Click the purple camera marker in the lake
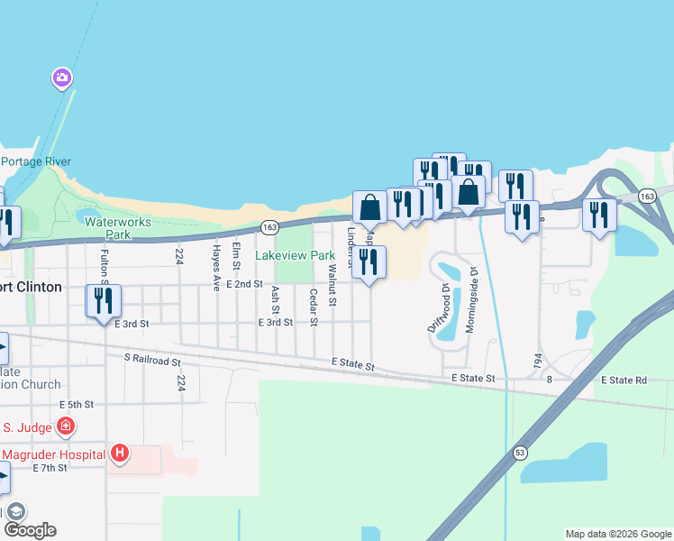click(61, 78)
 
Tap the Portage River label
click(35, 161)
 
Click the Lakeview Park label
click(295, 256)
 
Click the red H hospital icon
click(121, 453)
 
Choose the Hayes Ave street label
click(216, 267)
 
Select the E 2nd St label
click(245, 284)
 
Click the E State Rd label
click(629, 381)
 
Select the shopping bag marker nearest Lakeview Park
click(369, 207)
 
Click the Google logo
click(29, 530)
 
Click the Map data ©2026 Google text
click(617, 534)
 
